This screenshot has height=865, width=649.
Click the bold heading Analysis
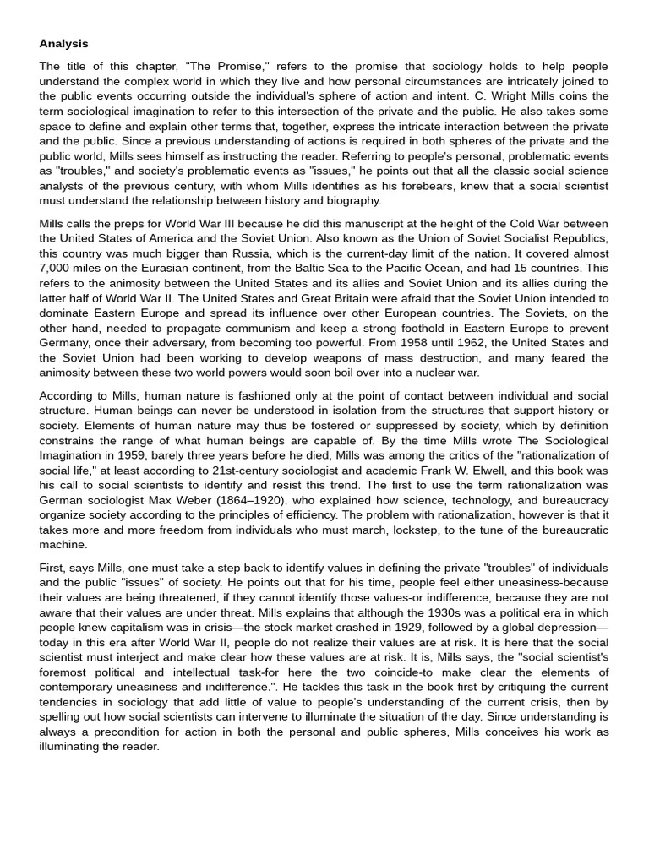click(63, 44)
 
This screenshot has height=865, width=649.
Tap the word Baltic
click(332, 268)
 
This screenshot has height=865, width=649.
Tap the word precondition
click(112, 732)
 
